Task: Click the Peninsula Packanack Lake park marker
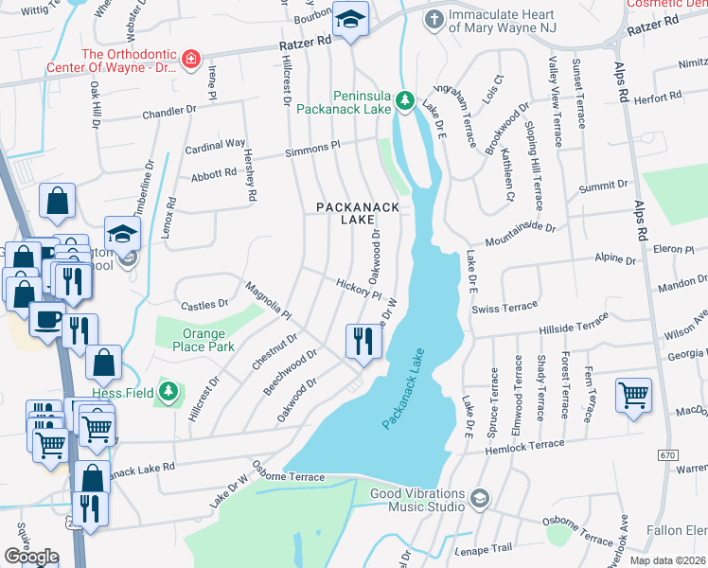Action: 405,100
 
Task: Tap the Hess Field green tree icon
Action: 169,391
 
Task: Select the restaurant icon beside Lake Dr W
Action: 361,340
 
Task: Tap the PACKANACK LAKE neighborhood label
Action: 351,213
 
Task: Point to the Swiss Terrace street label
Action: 504,308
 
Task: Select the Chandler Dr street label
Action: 168,112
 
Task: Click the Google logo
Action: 31,556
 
